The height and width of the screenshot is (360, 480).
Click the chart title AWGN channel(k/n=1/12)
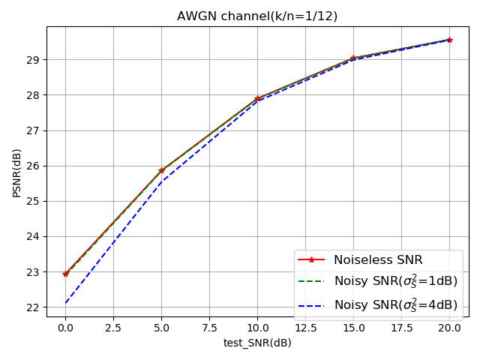coord(257,16)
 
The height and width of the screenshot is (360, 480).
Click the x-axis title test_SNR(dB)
coord(257,343)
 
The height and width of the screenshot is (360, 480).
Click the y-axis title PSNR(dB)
coord(16,172)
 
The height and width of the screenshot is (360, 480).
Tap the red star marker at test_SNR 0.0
coord(65,274)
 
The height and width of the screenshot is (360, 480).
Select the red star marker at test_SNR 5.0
coord(161,170)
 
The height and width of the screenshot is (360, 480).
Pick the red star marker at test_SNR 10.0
coord(257,98)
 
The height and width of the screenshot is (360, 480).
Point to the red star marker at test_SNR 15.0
coord(353,58)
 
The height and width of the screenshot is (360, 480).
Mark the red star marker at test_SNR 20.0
coord(449,40)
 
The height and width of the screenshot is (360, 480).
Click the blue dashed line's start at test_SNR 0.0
coord(65,303)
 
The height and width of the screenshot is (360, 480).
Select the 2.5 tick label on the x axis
coord(113,328)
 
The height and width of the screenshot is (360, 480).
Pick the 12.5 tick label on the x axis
coord(305,328)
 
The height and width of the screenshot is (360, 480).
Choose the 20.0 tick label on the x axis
coord(449,328)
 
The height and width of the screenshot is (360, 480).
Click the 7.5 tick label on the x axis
coord(209,328)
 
